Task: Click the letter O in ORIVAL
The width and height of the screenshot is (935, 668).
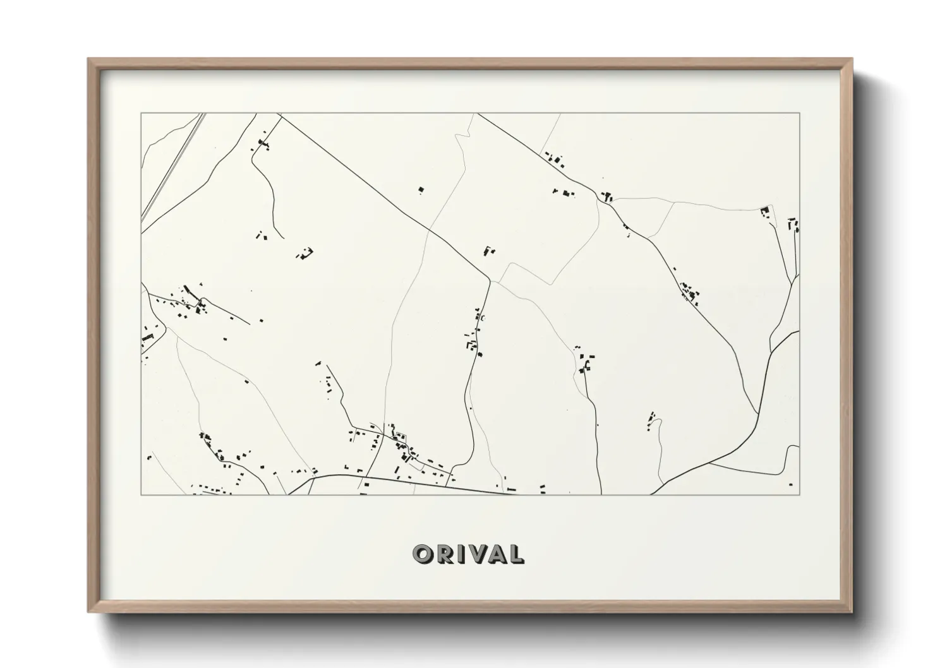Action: click(x=422, y=554)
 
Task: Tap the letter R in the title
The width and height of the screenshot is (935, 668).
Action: click(x=443, y=554)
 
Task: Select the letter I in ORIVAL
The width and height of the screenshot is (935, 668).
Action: click(x=458, y=554)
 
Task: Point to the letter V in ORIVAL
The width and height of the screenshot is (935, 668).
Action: click(x=473, y=554)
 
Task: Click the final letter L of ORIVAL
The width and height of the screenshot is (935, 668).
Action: click(x=516, y=554)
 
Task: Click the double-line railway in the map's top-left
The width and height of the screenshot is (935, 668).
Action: click(x=174, y=164)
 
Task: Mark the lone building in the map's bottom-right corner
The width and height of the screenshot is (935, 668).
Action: click(x=791, y=485)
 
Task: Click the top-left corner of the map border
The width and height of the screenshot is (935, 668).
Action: click(x=141, y=114)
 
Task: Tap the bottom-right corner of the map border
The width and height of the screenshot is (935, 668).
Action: click(x=799, y=494)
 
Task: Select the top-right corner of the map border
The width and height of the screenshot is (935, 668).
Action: click(x=799, y=114)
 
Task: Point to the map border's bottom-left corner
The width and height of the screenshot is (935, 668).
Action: click(x=141, y=494)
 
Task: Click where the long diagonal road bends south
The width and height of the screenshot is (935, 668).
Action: click(x=490, y=280)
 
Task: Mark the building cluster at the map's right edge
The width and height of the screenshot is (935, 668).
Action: click(x=793, y=225)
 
